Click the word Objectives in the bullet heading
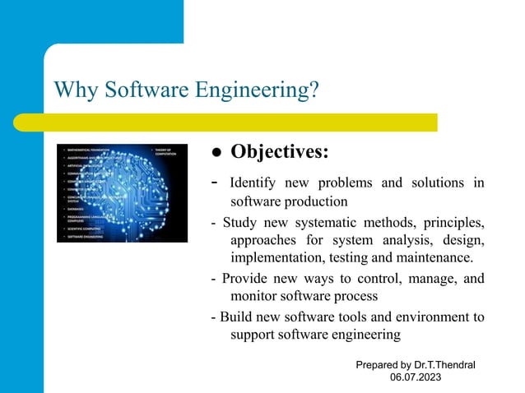[x=280, y=153]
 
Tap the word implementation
[x=282, y=257]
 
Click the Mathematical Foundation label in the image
[x=90, y=150]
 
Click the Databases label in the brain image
[x=78, y=210]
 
